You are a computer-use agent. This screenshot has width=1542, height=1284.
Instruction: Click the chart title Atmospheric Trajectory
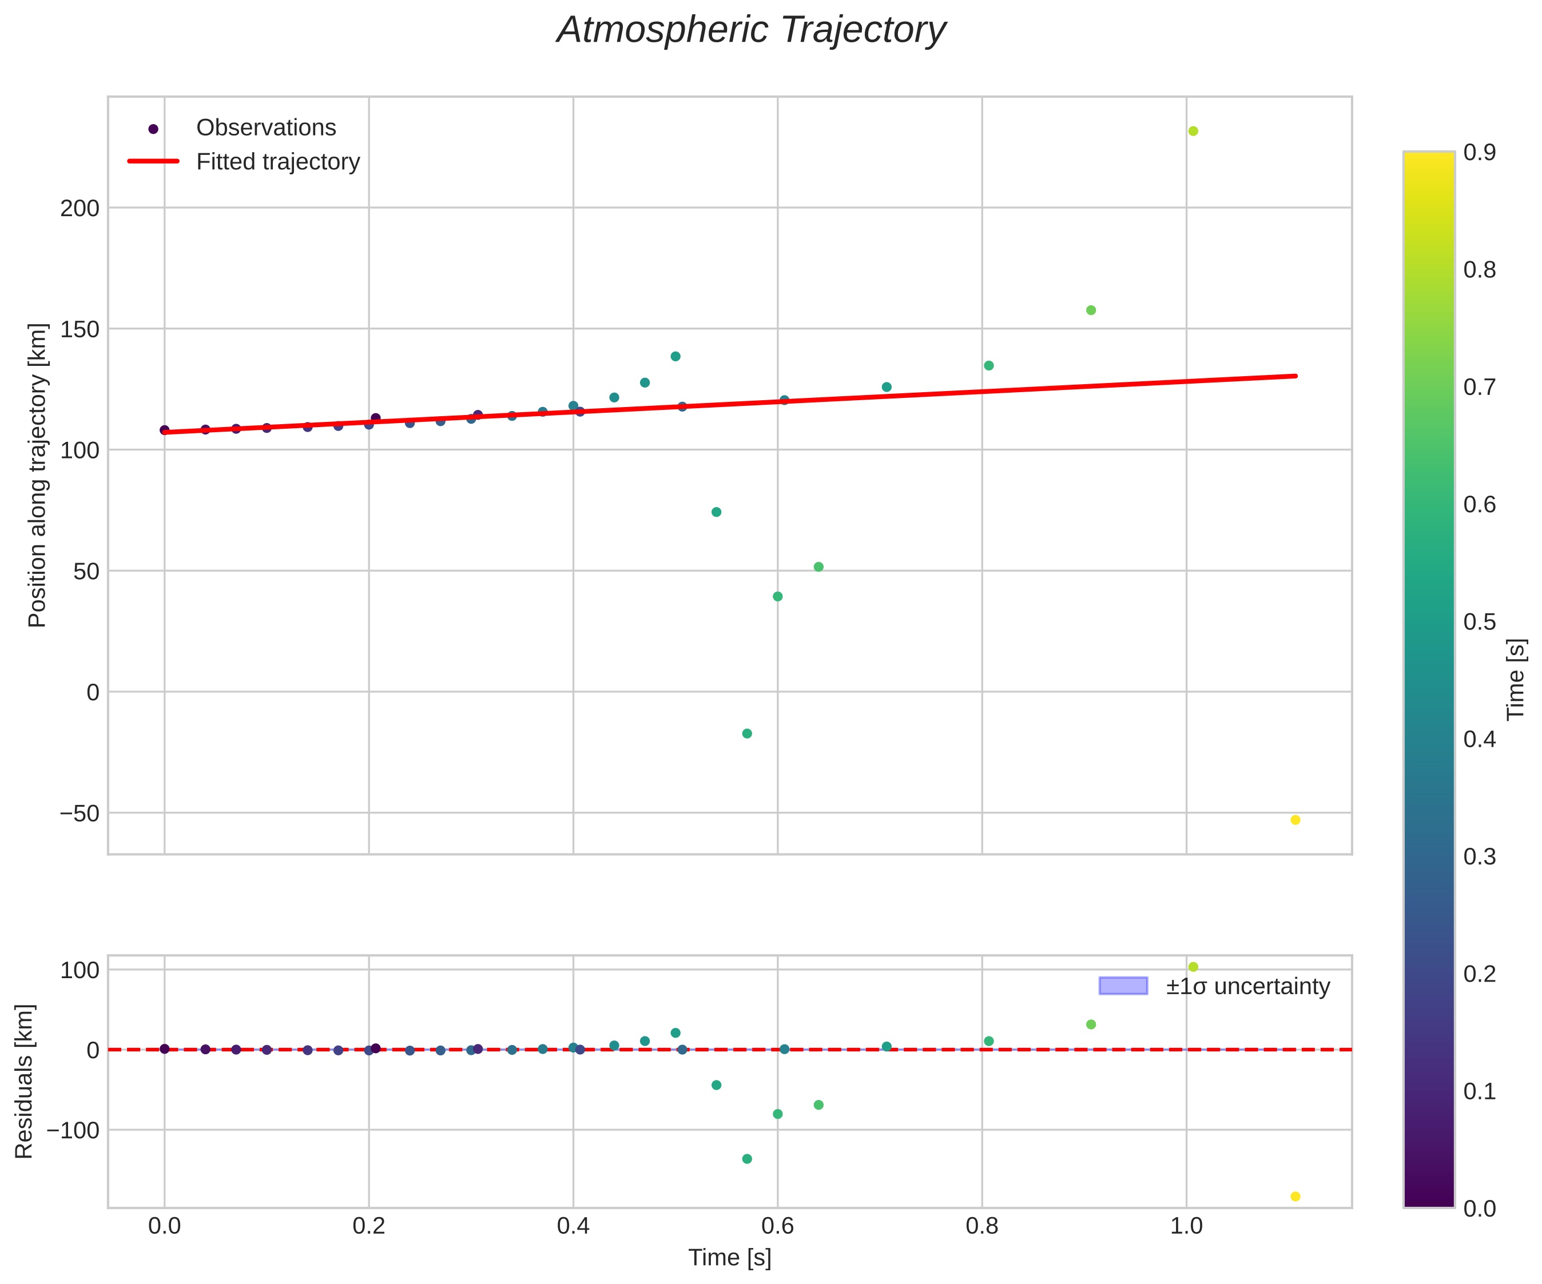pos(750,31)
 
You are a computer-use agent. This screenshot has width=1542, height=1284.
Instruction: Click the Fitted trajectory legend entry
pos(277,162)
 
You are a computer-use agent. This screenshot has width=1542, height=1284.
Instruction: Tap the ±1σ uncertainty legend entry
pos(1247,986)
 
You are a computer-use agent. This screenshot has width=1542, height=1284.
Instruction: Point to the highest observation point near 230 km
pos(1193,131)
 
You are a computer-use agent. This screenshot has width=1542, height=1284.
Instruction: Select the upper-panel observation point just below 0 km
pos(747,733)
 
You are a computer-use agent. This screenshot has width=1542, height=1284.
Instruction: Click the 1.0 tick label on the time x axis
pos(1186,1225)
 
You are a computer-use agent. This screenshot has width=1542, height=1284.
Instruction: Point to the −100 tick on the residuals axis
pos(73,1130)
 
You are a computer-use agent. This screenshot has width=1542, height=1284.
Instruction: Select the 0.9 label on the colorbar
pos(1479,152)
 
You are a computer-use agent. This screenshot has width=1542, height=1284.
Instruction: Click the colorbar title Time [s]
pos(1516,679)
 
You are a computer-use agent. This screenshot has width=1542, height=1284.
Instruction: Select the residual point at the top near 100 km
pos(1193,967)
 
